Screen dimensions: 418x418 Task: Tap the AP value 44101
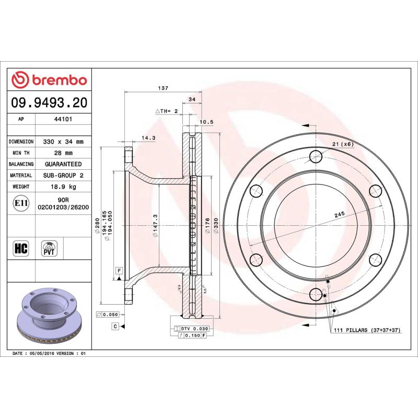[x=63, y=119]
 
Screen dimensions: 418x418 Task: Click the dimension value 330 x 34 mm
[x=63, y=142]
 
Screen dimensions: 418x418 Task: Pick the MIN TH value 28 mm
[x=63, y=153]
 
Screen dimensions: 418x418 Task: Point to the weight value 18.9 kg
[x=63, y=187]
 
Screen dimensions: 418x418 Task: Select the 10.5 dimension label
[x=207, y=122]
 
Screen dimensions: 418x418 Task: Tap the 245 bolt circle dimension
[x=340, y=214]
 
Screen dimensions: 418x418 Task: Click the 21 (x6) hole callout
[x=343, y=144]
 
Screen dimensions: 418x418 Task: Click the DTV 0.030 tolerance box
[x=194, y=328]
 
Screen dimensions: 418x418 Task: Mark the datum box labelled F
[x=119, y=270]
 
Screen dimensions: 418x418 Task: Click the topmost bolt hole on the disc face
[x=315, y=156]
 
